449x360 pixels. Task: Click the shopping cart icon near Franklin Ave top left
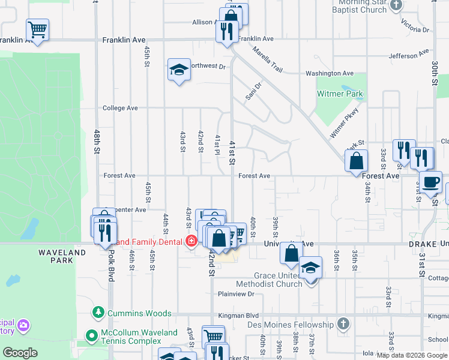click(37, 29)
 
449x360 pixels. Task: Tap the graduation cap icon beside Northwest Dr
click(179, 70)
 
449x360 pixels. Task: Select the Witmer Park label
click(340, 94)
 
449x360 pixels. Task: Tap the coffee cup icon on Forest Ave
click(430, 182)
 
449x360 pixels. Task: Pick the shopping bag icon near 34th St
click(357, 161)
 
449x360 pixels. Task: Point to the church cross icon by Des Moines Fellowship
click(343, 325)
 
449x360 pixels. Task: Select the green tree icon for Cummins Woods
click(98, 313)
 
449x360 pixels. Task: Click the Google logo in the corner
click(20, 353)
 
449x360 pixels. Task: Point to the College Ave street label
click(121, 108)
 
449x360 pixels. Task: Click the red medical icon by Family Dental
click(191, 242)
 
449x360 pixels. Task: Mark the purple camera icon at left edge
click(23, 325)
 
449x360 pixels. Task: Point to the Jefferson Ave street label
click(409, 56)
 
